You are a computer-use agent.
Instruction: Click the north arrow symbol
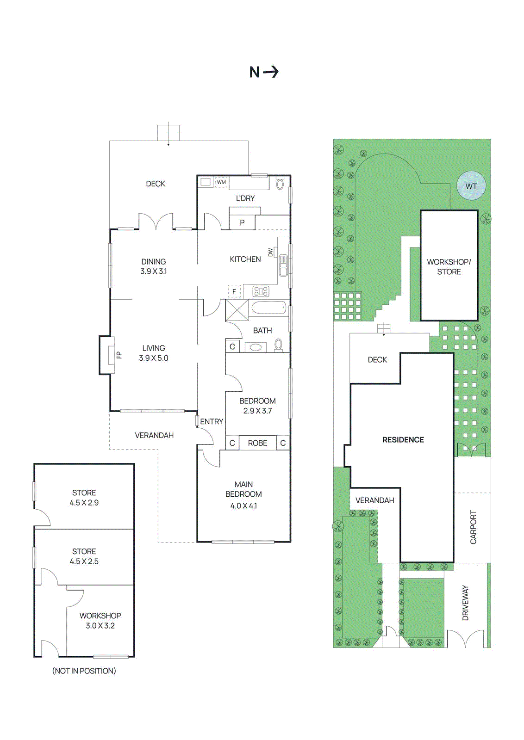pyautogui.click(x=271, y=72)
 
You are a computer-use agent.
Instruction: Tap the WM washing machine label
pyautogui.click(x=222, y=182)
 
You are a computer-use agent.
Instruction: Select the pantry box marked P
pyautogui.click(x=242, y=222)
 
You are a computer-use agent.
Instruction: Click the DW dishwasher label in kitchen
pyautogui.click(x=270, y=253)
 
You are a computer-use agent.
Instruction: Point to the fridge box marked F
pyautogui.click(x=234, y=291)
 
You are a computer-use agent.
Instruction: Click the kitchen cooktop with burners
pyautogui.click(x=261, y=291)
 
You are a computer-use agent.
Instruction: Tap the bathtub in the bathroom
pyautogui.click(x=268, y=308)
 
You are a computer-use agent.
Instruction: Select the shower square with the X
pyautogui.click(x=237, y=310)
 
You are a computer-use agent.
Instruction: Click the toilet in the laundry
pyautogui.click(x=280, y=184)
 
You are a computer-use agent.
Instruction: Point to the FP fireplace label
pyautogui.click(x=119, y=355)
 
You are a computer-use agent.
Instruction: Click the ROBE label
pyautogui.click(x=257, y=443)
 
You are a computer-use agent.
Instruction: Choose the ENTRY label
pyautogui.click(x=212, y=422)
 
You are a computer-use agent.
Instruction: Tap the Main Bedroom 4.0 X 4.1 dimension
pyautogui.click(x=243, y=506)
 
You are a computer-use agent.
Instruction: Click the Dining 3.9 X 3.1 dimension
pyautogui.click(x=153, y=271)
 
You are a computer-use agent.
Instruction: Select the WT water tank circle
pyautogui.click(x=471, y=186)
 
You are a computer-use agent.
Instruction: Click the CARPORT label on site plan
pyautogui.click(x=473, y=527)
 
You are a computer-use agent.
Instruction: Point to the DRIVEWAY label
pyautogui.click(x=466, y=603)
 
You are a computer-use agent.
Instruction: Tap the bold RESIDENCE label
pyautogui.click(x=403, y=440)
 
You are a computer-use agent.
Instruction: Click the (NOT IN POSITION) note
pyautogui.click(x=84, y=671)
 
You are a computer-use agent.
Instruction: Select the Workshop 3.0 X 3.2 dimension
pyautogui.click(x=100, y=626)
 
